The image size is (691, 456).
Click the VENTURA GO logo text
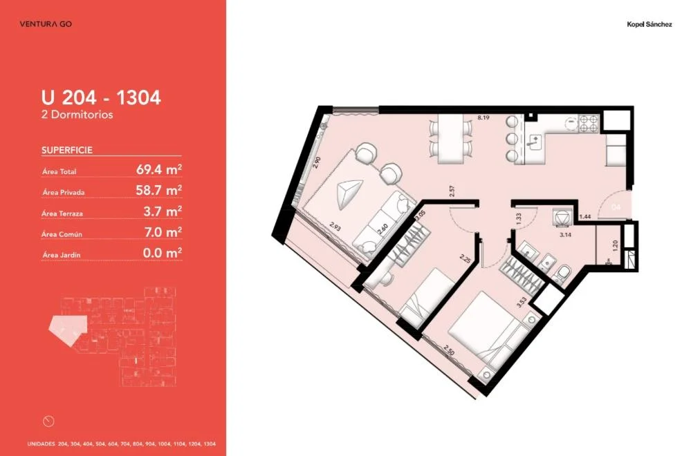46,23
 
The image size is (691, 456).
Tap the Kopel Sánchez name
649,25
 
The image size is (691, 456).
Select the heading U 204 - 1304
102,97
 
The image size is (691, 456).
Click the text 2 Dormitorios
77,115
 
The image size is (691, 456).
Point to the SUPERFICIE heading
67,150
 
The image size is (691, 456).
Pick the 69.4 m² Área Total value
159,169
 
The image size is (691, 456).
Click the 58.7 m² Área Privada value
159,190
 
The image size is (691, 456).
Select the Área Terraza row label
62,213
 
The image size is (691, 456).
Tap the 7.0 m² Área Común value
163,232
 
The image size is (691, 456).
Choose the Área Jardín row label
62,255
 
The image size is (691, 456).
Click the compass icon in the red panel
48,421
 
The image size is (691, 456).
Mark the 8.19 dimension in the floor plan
483,117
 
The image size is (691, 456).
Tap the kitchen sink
534,142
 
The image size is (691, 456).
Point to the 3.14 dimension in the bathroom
565,235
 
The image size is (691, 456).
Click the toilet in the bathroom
562,274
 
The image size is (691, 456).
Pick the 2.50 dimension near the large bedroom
449,352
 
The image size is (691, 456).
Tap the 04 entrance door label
616,207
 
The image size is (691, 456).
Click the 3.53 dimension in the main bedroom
522,302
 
